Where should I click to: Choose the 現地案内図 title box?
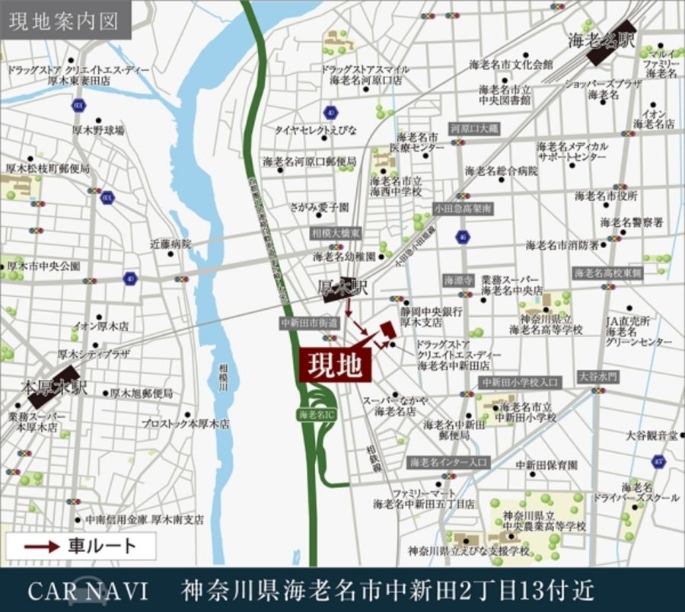click(65, 21)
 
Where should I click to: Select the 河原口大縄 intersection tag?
click(473, 129)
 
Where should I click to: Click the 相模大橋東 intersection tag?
click(336, 233)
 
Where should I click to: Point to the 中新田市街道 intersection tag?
click(309, 323)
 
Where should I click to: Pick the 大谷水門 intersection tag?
click(597, 377)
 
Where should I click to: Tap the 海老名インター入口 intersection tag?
click(449, 462)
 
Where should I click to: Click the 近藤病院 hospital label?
click(170, 244)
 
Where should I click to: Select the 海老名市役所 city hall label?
click(606, 196)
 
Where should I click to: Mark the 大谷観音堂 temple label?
click(652, 435)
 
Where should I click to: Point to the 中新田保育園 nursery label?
click(546, 465)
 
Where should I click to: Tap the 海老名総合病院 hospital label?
click(502, 171)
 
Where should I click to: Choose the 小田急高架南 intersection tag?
click(464, 208)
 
